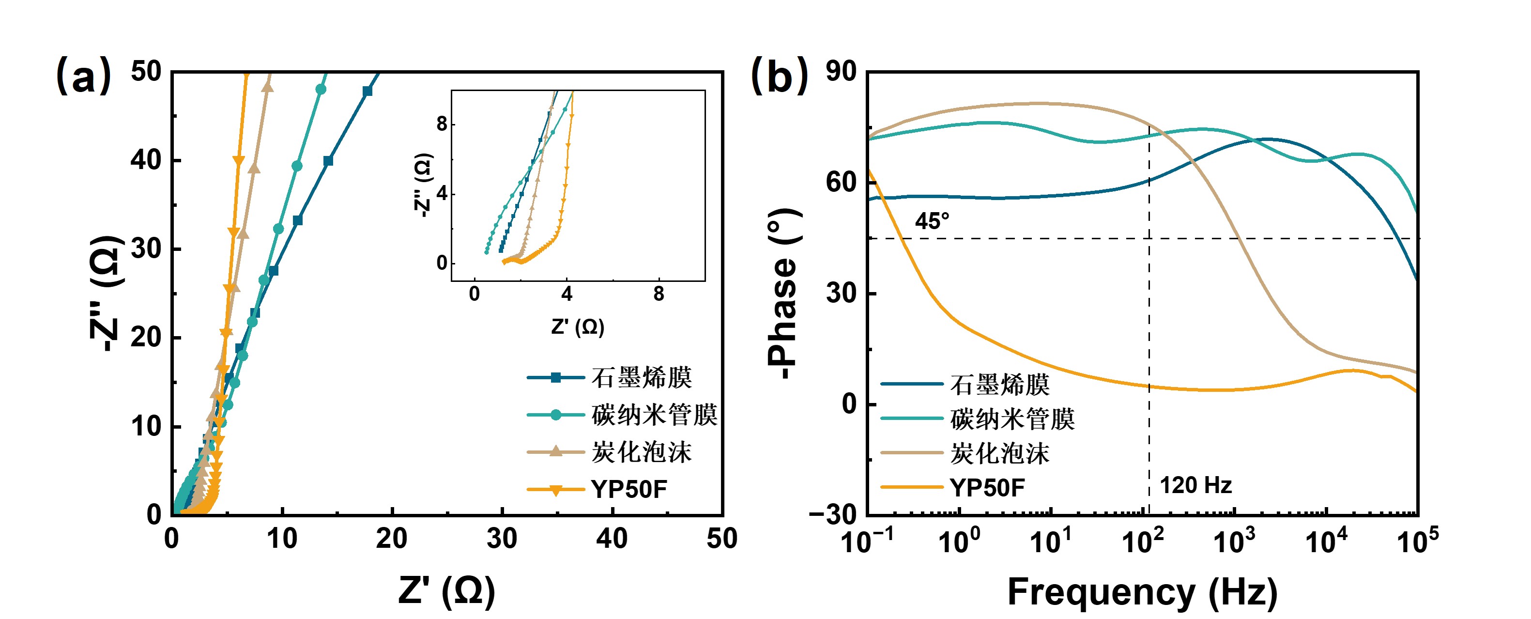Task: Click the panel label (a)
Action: click(x=83, y=76)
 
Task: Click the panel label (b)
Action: click(x=779, y=76)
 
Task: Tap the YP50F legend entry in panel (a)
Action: click(x=629, y=489)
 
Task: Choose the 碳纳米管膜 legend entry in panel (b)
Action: click(x=1012, y=418)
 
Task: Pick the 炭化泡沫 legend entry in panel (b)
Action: click(x=1000, y=453)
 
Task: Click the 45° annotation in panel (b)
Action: click(x=932, y=221)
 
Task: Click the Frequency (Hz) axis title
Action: click(x=1142, y=592)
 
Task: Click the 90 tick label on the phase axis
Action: click(x=841, y=72)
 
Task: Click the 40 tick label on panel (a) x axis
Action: click(x=612, y=539)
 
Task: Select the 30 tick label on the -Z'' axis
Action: click(x=146, y=248)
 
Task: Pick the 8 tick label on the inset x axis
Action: click(x=658, y=294)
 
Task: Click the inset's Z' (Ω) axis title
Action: click(x=577, y=326)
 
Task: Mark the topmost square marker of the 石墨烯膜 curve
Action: click(x=367, y=92)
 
